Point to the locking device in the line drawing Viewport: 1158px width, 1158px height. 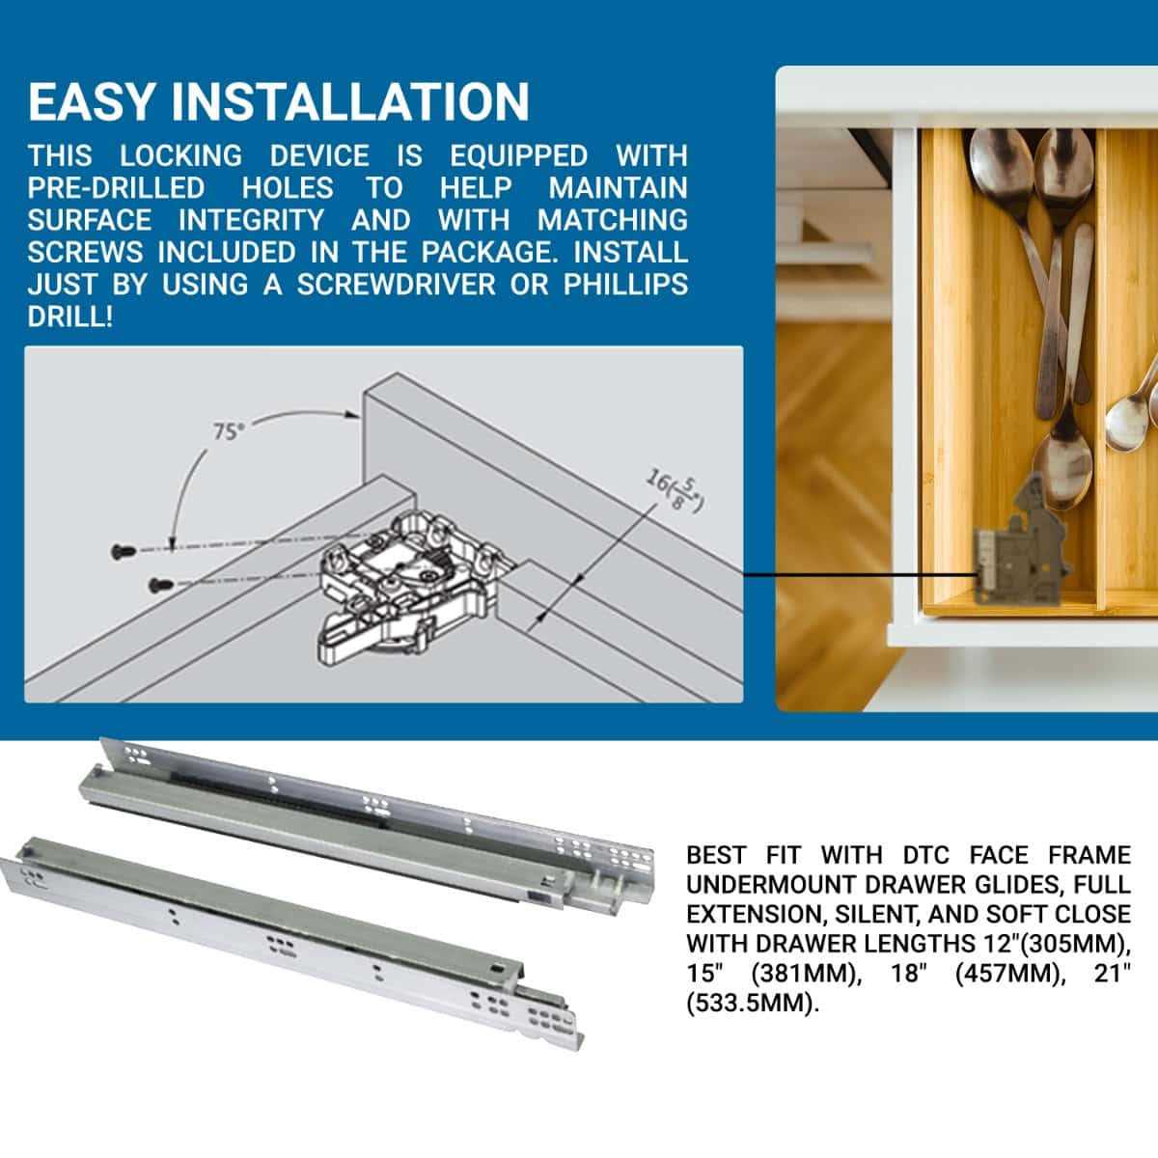coord(405,589)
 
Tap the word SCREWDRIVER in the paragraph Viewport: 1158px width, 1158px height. coord(426,285)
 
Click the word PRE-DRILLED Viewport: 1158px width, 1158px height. coord(116,187)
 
